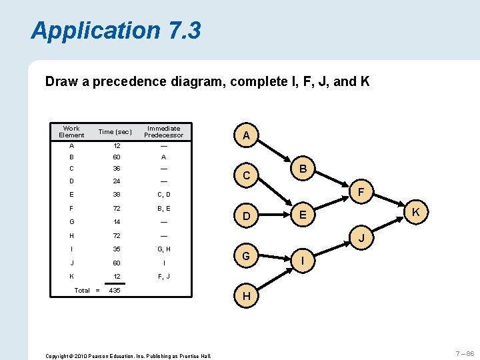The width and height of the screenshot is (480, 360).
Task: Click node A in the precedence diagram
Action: point(246,136)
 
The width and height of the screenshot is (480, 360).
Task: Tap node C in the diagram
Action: point(246,176)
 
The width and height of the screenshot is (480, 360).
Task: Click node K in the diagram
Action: point(415,212)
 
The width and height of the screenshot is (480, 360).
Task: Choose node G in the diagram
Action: point(246,256)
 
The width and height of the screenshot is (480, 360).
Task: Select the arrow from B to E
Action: point(303,193)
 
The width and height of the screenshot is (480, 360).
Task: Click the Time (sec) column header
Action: point(115,132)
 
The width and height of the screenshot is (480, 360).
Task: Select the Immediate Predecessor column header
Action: point(163,132)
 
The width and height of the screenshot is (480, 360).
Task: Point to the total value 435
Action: point(115,290)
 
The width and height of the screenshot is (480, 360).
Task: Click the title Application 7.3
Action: point(115,31)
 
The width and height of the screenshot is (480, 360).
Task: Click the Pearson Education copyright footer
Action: point(128,356)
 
